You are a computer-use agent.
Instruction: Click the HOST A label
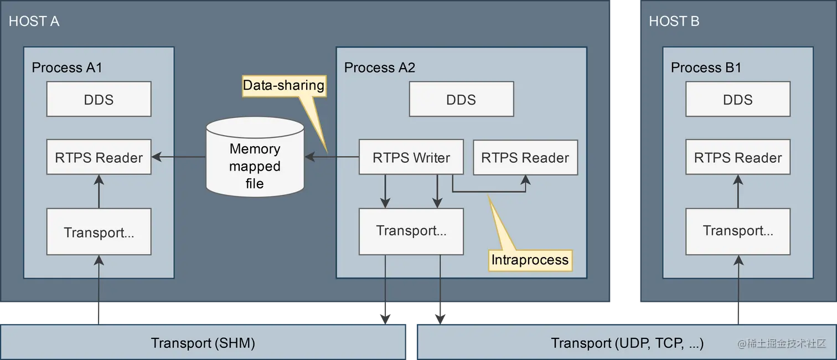(x=34, y=21)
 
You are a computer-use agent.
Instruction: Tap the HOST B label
(x=674, y=21)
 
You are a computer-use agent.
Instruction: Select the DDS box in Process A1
(x=99, y=99)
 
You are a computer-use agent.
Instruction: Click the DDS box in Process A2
(x=462, y=99)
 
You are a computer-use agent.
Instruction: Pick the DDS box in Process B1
(x=738, y=99)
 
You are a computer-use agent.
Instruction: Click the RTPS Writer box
(x=411, y=157)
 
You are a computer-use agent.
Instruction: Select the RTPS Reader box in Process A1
(x=99, y=157)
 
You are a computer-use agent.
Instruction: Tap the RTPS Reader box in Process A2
(x=525, y=157)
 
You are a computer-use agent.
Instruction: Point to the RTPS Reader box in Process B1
(x=738, y=157)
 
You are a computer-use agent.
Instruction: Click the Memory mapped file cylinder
(x=255, y=157)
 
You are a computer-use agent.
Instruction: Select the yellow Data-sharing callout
(x=284, y=86)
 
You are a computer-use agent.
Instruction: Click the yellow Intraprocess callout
(x=530, y=259)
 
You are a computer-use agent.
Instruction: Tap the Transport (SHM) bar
(x=203, y=342)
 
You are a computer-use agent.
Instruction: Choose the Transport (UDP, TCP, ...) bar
(x=627, y=342)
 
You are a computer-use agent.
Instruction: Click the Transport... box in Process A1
(x=99, y=232)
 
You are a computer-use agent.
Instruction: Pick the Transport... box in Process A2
(x=411, y=232)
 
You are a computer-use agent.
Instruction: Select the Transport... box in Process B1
(x=738, y=232)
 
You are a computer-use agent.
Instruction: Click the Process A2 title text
(x=380, y=68)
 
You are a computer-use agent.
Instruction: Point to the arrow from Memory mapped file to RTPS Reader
(x=179, y=157)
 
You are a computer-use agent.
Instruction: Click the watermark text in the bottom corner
(x=781, y=343)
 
